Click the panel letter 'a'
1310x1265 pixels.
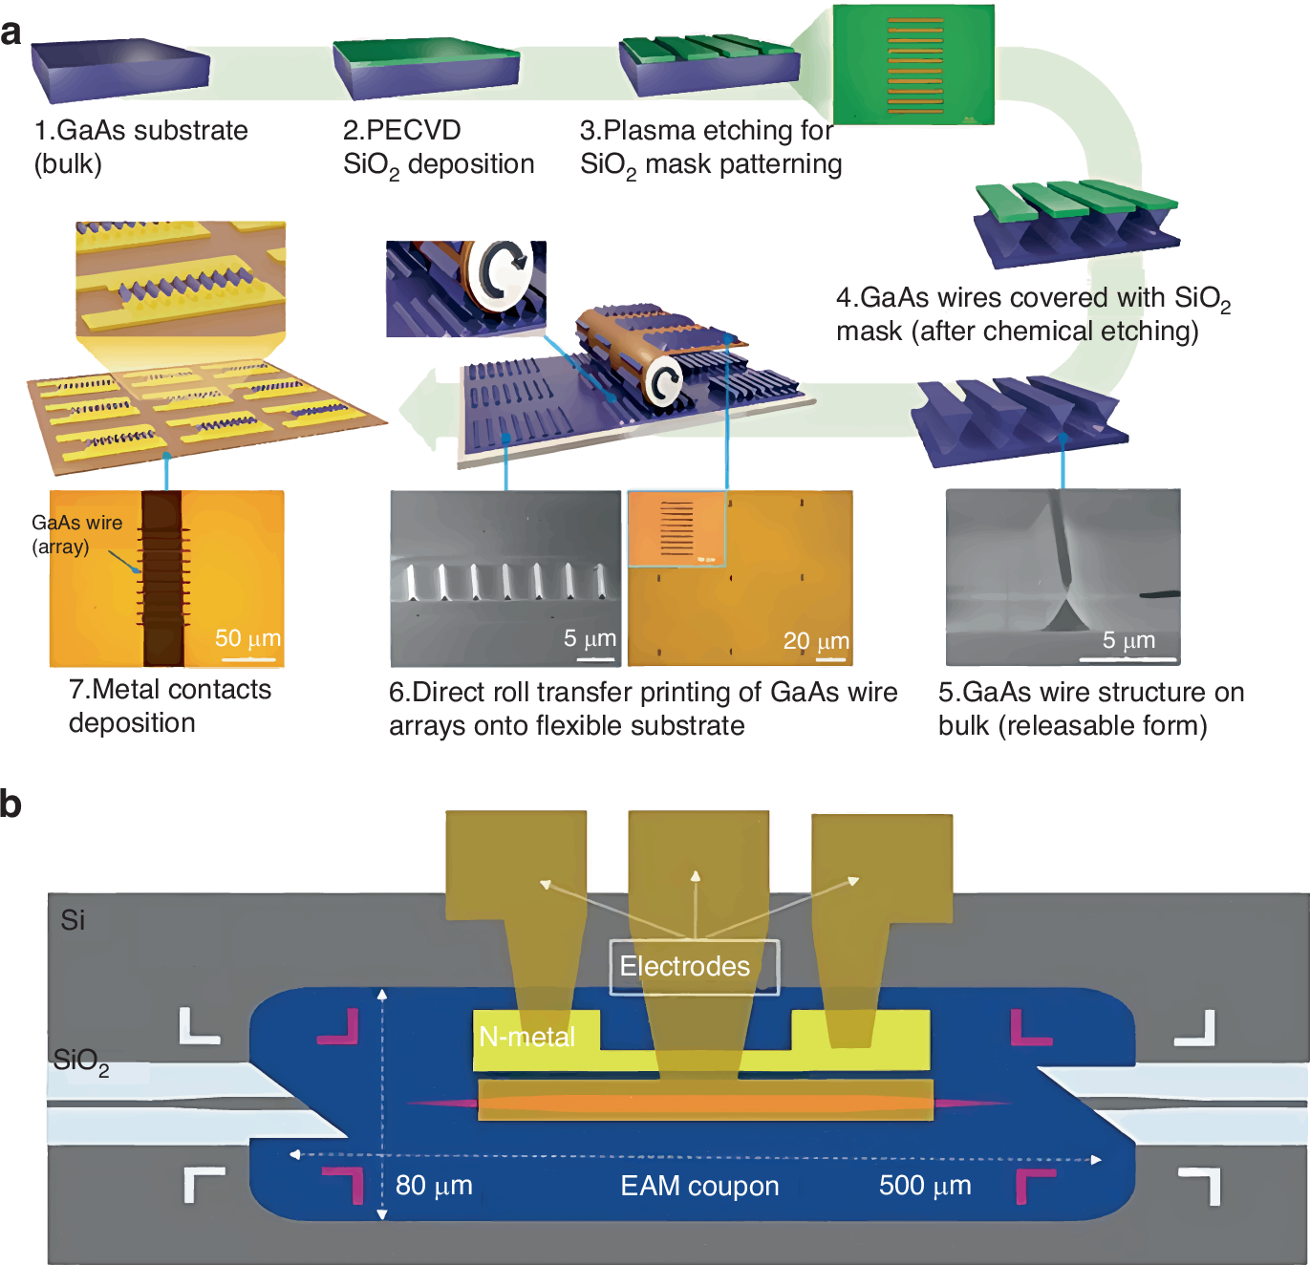[x=11, y=33]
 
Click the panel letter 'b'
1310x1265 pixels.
[x=11, y=804]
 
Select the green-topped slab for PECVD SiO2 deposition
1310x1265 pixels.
[x=426, y=68]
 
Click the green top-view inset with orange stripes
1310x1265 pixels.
[x=913, y=65]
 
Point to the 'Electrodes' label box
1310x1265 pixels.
[x=694, y=967]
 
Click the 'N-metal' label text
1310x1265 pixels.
[x=526, y=1038]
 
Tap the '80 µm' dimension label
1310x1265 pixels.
[x=434, y=1186]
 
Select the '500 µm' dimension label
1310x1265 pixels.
[x=925, y=1186]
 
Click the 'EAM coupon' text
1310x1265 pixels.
[x=699, y=1186]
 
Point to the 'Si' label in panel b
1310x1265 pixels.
[x=73, y=920]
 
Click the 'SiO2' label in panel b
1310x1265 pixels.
[x=81, y=1061]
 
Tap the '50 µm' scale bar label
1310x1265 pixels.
[x=247, y=638]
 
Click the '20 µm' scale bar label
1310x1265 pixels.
[x=816, y=641]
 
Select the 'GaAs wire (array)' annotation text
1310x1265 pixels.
[x=76, y=534]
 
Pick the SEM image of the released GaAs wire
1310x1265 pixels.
[x=1063, y=577]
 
